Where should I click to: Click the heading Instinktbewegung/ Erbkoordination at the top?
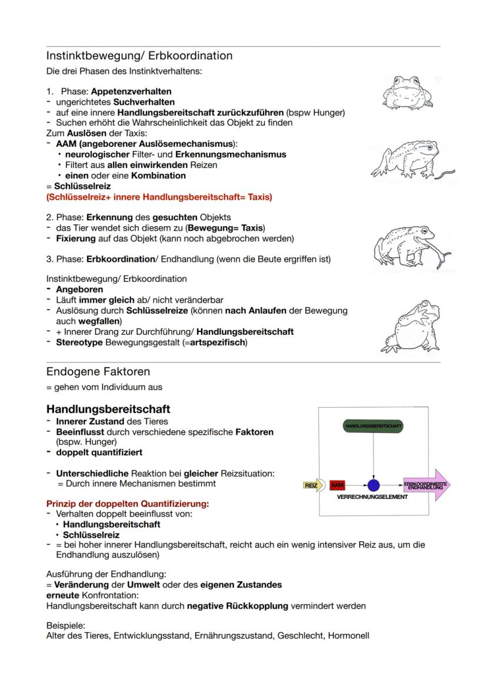tap(139, 56)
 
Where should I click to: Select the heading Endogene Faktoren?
tap(98, 371)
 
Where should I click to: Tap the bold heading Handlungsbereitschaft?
tap(108, 408)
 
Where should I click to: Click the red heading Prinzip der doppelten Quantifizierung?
tap(128, 504)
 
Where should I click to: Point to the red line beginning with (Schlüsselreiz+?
tap(159, 197)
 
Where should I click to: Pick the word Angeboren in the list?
tap(79, 289)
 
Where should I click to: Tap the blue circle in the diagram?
tap(373, 485)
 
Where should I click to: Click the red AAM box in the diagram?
tap(338, 485)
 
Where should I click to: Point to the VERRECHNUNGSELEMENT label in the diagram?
tap(372, 497)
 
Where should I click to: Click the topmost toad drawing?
tap(407, 92)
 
